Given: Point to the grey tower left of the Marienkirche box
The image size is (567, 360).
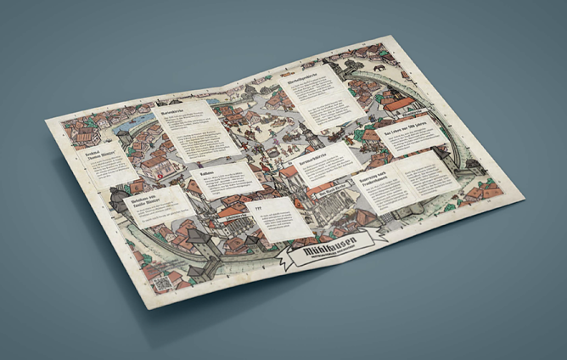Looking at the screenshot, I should tap(125, 136).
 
